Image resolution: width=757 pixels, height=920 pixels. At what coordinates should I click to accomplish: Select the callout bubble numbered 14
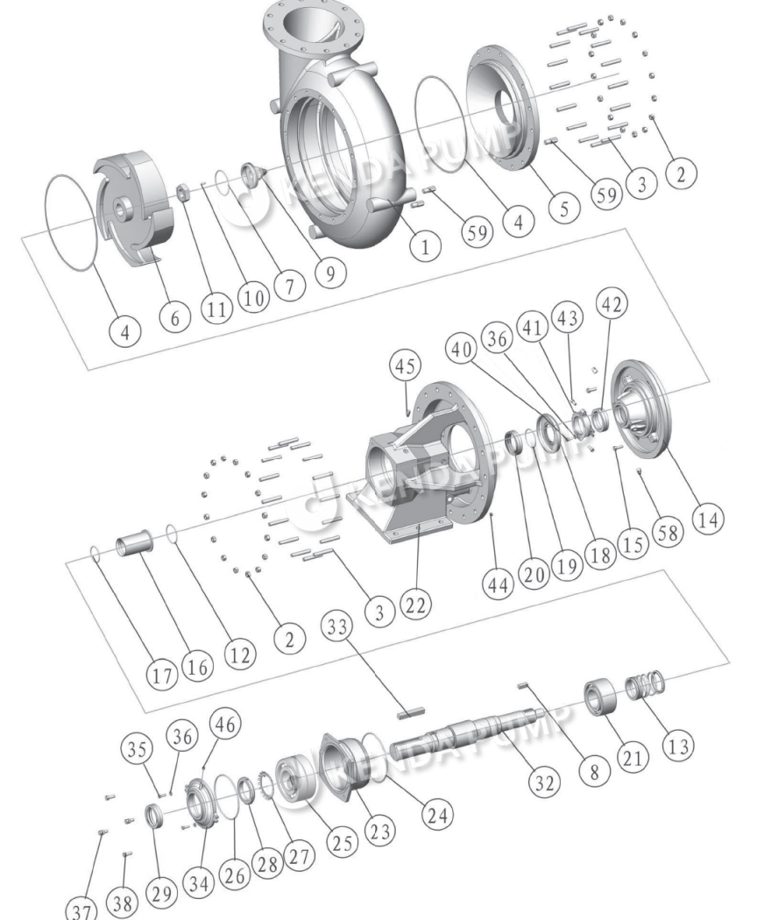(x=709, y=519)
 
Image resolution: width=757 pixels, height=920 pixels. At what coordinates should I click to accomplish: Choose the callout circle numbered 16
(x=198, y=665)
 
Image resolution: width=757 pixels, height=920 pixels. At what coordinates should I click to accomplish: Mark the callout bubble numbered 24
(x=432, y=814)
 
